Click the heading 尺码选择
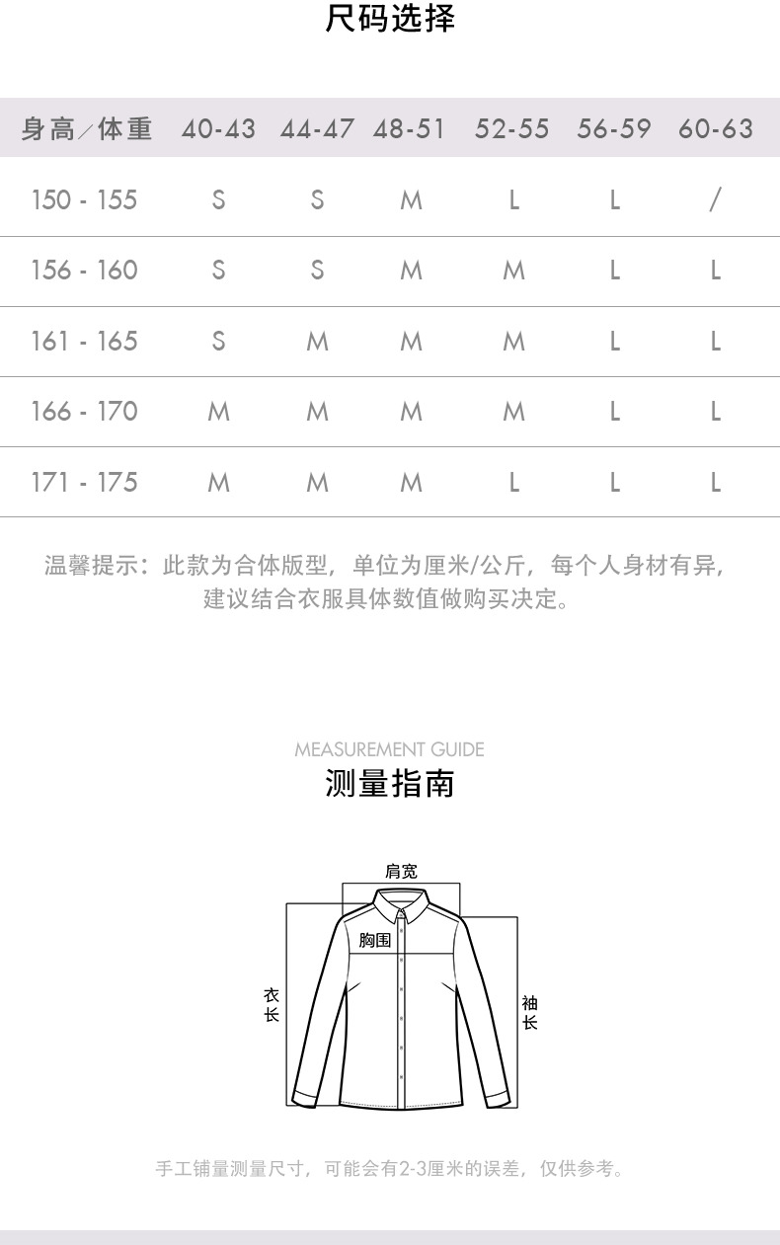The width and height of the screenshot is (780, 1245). pos(390,19)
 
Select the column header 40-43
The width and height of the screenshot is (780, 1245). pos(218,129)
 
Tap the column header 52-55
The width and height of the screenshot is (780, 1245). pos(511,129)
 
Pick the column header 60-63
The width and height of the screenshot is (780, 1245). pos(716,129)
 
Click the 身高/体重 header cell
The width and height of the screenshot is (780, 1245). pos(87,129)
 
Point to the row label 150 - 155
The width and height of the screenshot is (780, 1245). pos(84,200)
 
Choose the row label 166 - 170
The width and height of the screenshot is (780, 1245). pos(84,412)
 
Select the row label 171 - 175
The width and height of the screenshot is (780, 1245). pos(84,483)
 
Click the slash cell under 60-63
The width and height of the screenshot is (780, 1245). pos(715,200)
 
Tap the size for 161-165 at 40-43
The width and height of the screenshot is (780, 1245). pos(218,342)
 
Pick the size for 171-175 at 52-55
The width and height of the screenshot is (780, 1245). pos(513,483)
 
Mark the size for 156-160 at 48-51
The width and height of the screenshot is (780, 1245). pos(411,271)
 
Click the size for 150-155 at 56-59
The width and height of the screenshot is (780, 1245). pos(614,200)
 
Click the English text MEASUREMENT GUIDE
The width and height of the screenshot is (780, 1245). pos(390,749)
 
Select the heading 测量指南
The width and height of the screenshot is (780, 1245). pos(390,784)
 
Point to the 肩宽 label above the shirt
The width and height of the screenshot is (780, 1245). pos(401,871)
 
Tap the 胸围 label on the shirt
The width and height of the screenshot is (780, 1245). pos(375,940)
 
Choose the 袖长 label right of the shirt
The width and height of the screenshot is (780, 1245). pos(529,1013)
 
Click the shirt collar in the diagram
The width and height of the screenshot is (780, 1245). pos(401,902)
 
